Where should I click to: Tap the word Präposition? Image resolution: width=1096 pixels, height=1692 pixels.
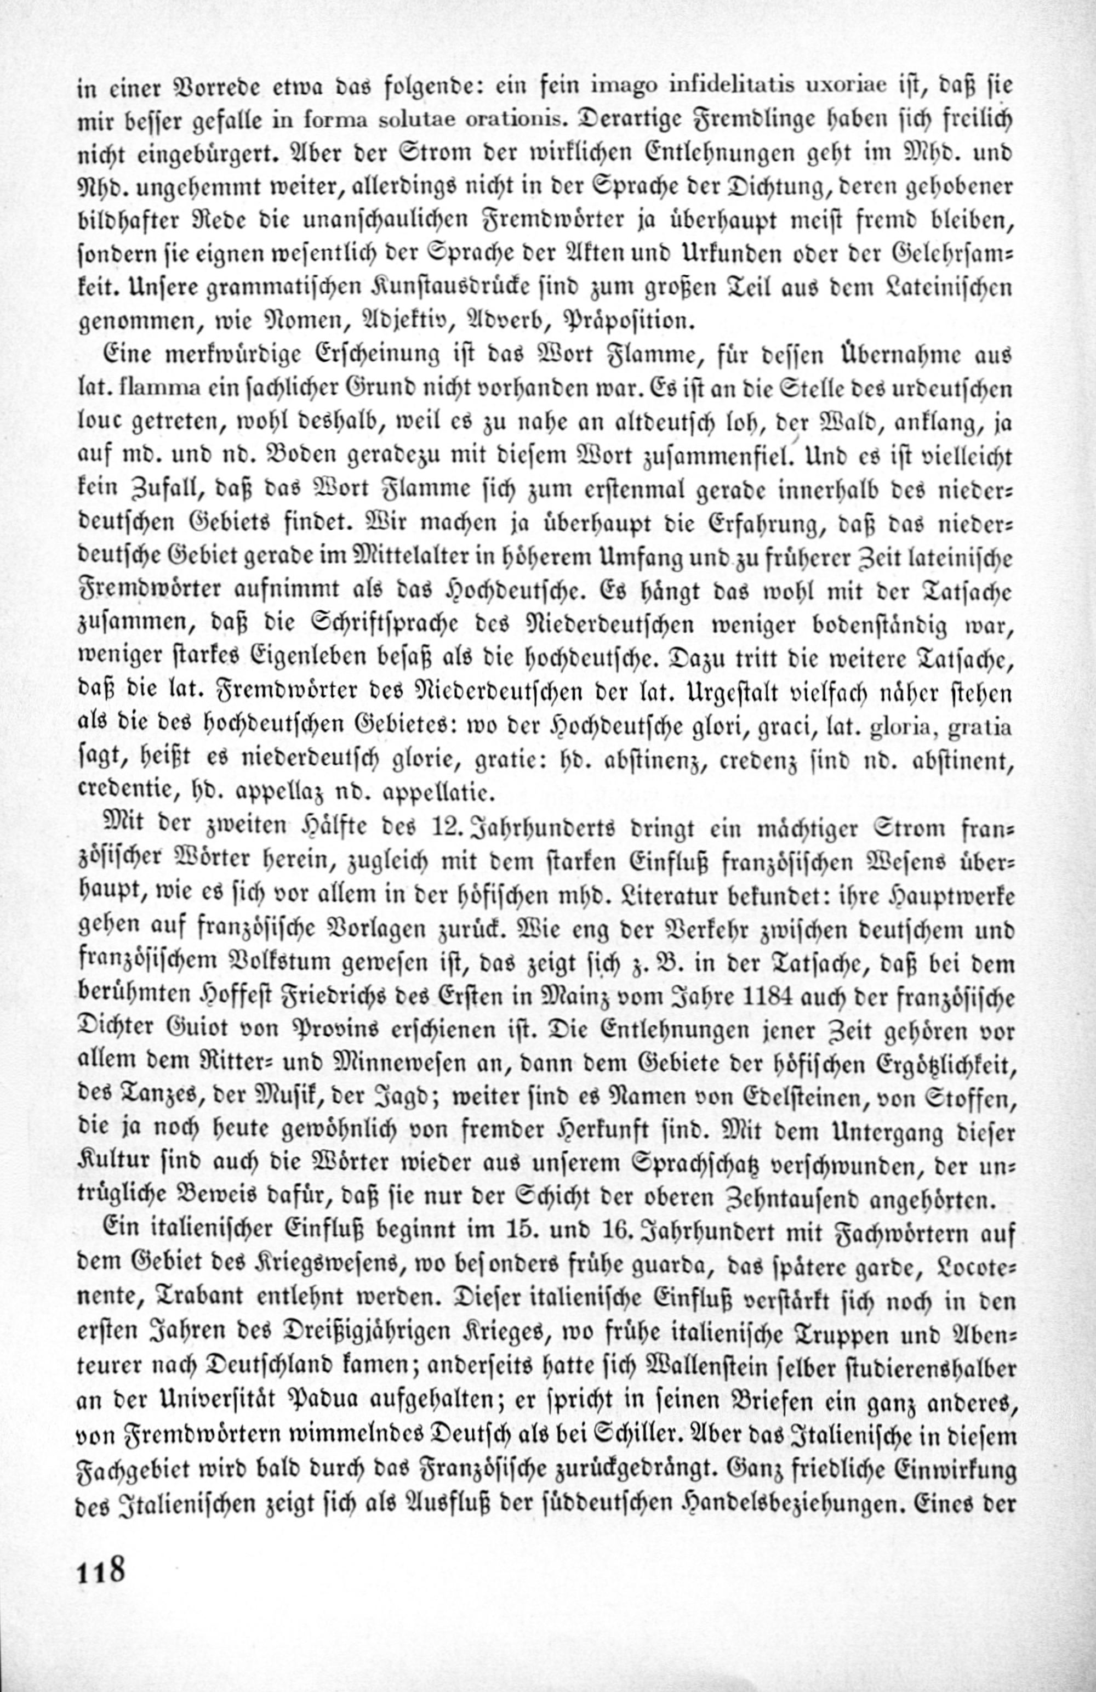[625, 321]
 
